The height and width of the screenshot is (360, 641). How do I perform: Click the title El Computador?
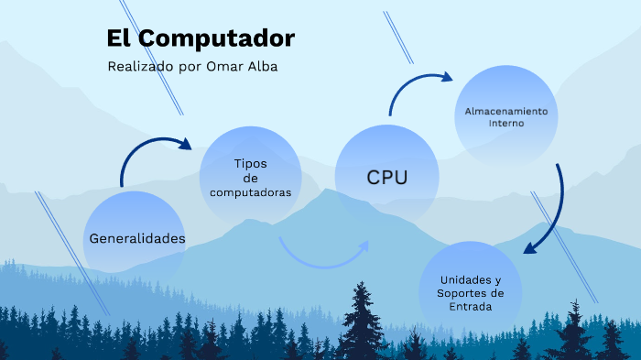pyautogui.click(x=201, y=38)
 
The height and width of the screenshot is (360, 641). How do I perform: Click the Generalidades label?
pyautogui.click(x=137, y=238)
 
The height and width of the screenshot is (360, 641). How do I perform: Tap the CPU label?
pyautogui.click(x=386, y=177)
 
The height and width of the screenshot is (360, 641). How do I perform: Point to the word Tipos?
pyautogui.click(x=250, y=163)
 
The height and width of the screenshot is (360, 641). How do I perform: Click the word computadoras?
pyautogui.click(x=250, y=192)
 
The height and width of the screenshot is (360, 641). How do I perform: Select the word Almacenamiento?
pyautogui.click(x=505, y=110)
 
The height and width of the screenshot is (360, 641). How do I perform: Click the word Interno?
pyautogui.click(x=505, y=123)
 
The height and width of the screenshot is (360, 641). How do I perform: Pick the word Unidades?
pyautogui.click(x=471, y=279)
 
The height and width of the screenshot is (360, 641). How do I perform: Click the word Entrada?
pyautogui.click(x=471, y=307)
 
